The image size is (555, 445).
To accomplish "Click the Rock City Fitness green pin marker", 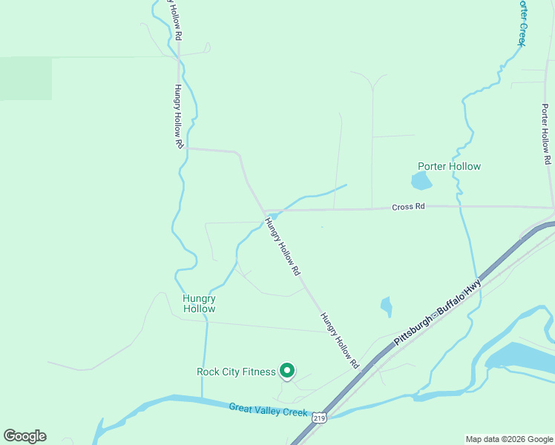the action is click(x=286, y=370).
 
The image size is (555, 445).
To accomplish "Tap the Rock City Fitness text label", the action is click(x=236, y=372).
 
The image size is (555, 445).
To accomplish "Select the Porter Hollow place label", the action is click(x=449, y=166).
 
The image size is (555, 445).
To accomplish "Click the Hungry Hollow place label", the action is click(x=199, y=303).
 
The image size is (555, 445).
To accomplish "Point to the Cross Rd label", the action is click(x=408, y=207).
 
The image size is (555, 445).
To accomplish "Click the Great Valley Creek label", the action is click(x=268, y=409).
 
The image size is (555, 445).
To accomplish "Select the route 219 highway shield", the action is click(x=319, y=419).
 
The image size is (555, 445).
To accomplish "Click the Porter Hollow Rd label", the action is click(x=545, y=134).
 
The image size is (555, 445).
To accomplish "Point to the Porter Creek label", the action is click(x=523, y=22).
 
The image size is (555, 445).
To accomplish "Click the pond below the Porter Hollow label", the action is click(x=421, y=181).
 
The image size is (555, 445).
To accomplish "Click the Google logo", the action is click(x=24, y=436).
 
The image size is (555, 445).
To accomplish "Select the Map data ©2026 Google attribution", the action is click(x=509, y=439).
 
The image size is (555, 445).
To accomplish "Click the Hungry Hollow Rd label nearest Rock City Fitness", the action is click(x=340, y=340).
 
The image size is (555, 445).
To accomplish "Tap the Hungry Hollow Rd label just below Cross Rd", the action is click(x=283, y=248).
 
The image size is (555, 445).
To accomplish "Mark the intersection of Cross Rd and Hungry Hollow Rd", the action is click(x=265, y=211).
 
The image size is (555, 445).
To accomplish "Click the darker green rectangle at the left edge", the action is click(x=26, y=79).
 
